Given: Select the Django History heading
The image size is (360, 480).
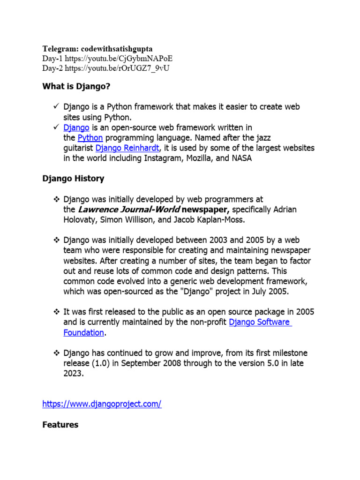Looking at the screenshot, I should click(x=73, y=179).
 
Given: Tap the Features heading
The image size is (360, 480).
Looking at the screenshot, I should click(x=60, y=425).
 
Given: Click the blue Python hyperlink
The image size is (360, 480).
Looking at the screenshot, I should click(x=90, y=138).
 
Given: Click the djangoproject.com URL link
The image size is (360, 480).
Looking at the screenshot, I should click(x=102, y=404).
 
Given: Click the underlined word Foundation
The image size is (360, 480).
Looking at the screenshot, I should click(x=83, y=333).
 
